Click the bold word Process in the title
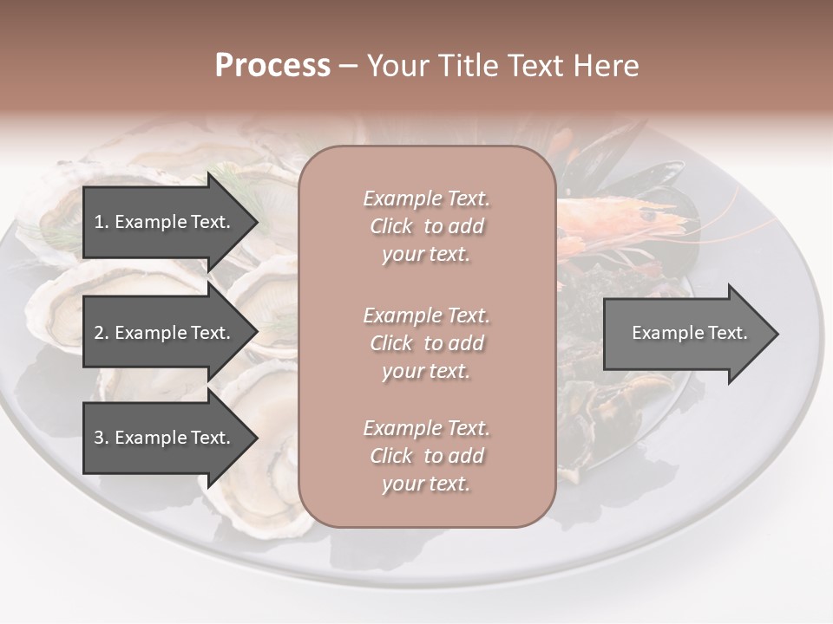[x=272, y=66]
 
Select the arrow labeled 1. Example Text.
[x=165, y=222]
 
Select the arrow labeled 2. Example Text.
[x=165, y=333]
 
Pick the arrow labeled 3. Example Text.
[x=165, y=438]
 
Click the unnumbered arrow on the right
[x=685, y=333]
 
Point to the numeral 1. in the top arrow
[x=101, y=222]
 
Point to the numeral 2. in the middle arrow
[x=101, y=333]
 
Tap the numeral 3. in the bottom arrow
[x=101, y=438]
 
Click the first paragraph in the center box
[x=426, y=226]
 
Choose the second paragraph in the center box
[x=426, y=342]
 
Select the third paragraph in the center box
[x=426, y=456]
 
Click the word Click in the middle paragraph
[x=391, y=343]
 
